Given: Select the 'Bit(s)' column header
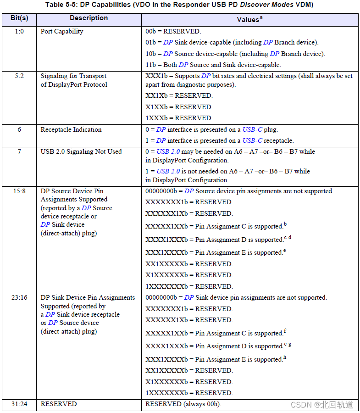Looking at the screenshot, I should pyautogui.click(x=19, y=18).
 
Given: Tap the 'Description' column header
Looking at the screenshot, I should pyautogui.click(x=89, y=18).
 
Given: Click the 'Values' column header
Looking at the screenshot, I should pyautogui.click(x=249, y=19).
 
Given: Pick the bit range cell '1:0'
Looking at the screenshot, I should pyautogui.click(x=19, y=32).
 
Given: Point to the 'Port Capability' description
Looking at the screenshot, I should pyautogui.click(x=62, y=32).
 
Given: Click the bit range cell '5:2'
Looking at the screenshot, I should pyautogui.click(x=19, y=76).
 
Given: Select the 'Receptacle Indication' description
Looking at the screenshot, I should pyautogui.click(x=71, y=130).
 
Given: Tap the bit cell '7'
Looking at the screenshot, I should pyautogui.click(x=19, y=152).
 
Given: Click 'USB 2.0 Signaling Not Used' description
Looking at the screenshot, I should pyautogui.click(x=81, y=152).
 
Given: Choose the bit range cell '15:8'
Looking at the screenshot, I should pyautogui.click(x=19, y=191).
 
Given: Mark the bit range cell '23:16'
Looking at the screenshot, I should pyautogui.click(x=19, y=298).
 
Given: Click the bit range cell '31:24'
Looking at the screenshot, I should pyautogui.click(x=19, y=404).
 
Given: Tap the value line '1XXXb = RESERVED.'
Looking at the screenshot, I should pyautogui.click(x=179, y=118).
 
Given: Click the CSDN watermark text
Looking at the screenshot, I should pyautogui.click(x=322, y=404).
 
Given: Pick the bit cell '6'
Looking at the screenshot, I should pyautogui.click(x=19, y=130).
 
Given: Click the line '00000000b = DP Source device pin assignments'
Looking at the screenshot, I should pyautogui.click(x=239, y=191).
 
